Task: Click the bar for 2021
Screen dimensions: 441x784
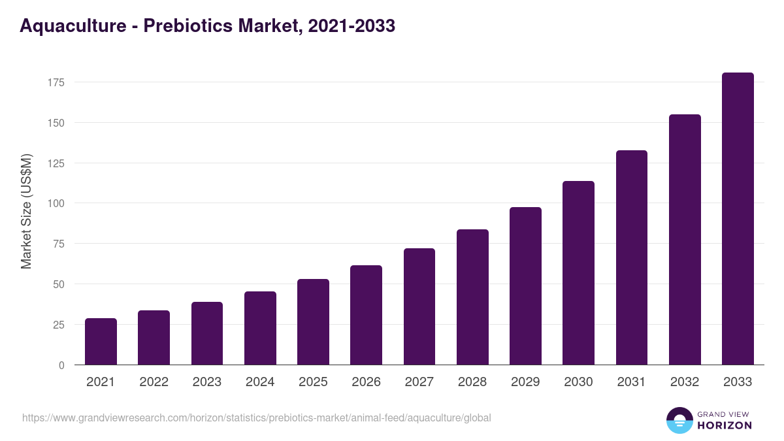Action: (101, 342)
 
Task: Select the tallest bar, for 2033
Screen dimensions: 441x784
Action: (738, 219)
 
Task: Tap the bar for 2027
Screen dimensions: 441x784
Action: (419, 306)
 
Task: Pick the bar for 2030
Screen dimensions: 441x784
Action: (578, 273)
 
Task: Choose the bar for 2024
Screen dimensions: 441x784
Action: (260, 328)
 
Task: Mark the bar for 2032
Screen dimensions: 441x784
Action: (685, 240)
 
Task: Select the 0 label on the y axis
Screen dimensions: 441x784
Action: (61, 365)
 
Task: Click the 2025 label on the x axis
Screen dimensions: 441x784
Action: (313, 382)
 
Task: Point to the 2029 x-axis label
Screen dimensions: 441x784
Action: (525, 382)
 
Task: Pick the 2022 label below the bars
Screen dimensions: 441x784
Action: (154, 382)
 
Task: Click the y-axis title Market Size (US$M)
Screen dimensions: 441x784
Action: (26, 211)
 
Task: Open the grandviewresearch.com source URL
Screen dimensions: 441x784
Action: (256, 417)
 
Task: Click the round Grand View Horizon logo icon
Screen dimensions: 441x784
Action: (679, 420)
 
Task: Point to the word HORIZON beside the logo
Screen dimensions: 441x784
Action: (725, 425)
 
